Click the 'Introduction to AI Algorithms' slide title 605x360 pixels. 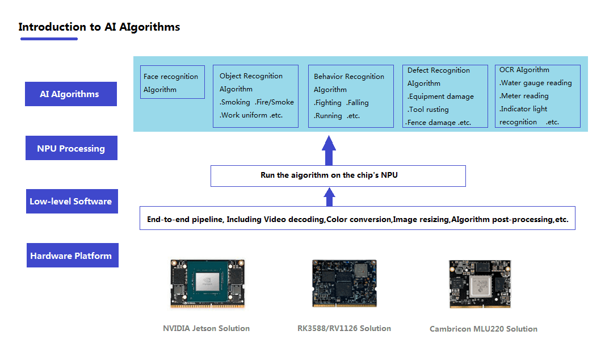(x=99, y=27)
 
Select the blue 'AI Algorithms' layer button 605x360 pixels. (x=70, y=94)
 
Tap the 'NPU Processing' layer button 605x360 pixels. (x=71, y=148)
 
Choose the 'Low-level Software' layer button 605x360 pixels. (x=72, y=202)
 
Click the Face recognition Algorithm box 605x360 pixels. (x=172, y=82)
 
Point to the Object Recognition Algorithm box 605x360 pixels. (x=255, y=96)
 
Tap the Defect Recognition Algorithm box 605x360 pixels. (x=444, y=96)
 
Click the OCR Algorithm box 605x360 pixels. (x=537, y=96)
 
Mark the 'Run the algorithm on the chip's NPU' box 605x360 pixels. (x=338, y=175)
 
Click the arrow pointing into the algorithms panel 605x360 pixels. (x=329, y=150)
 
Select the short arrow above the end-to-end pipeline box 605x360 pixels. (x=329, y=197)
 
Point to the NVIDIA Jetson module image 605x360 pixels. (x=208, y=283)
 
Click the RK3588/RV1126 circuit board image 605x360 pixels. (x=344, y=283)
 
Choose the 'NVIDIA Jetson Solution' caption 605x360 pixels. (x=206, y=328)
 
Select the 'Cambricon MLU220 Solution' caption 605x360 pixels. (x=483, y=329)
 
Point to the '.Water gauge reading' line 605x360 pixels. (x=536, y=83)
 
